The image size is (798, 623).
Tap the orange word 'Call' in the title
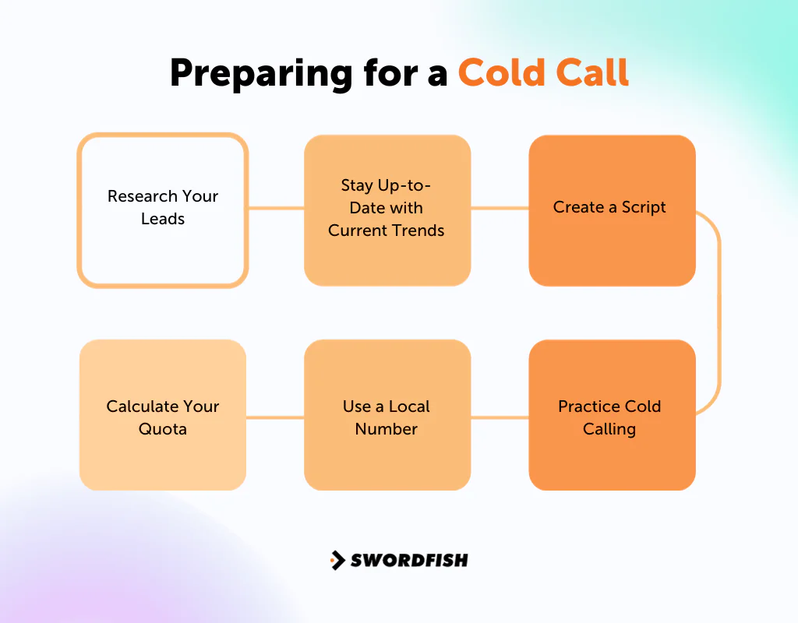click(591, 72)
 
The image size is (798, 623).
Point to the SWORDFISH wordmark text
click(409, 560)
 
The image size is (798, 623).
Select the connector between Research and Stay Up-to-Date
click(276, 208)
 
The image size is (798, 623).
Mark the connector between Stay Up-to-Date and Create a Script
click(500, 208)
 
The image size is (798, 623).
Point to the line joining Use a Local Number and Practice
click(500, 417)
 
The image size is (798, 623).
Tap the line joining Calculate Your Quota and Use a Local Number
click(275, 417)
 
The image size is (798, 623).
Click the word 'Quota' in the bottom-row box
click(162, 429)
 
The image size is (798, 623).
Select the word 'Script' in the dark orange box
click(644, 207)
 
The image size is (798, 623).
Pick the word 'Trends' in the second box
click(419, 231)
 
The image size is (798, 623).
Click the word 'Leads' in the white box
click(162, 219)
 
